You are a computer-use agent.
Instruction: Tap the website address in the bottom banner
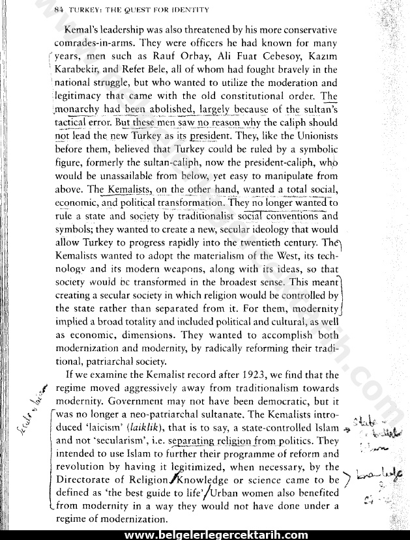[216, 534]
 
